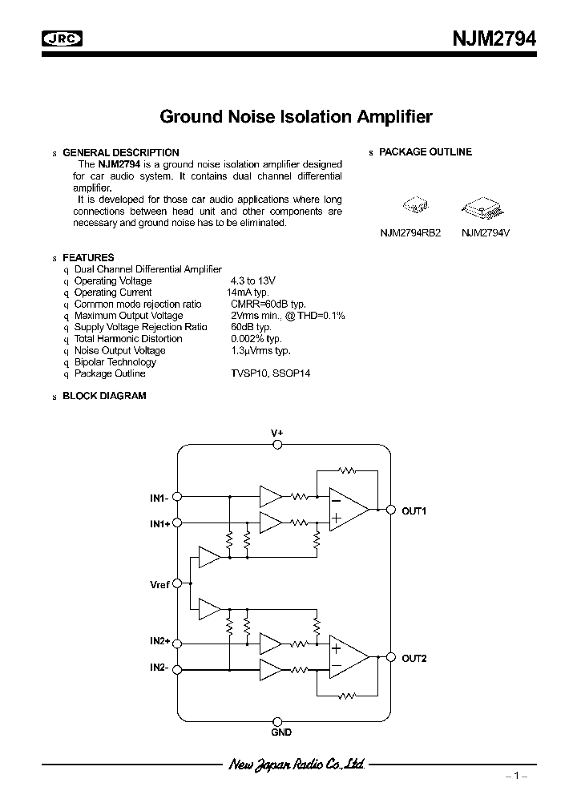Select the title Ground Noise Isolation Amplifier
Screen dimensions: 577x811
pyautogui.click(x=296, y=117)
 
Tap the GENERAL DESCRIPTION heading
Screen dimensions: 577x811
pyautogui.click(x=120, y=152)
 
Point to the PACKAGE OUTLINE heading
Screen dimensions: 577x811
pyautogui.click(x=425, y=152)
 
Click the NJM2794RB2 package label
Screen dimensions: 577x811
pyautogui.click(x=410, y=232)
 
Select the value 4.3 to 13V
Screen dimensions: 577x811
pyautogui.click(x=252, y=281)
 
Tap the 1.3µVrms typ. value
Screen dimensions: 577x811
pyautogui.click(x=260, y=350)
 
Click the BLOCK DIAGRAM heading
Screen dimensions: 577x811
pyautogui.click(x=104, y=396)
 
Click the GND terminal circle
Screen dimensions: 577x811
pyautogui.click(x=276, y=720)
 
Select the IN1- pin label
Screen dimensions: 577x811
pyautogui.click(x=159, y=498)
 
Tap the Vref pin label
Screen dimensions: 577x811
pyautogui.click(x=159, y=585)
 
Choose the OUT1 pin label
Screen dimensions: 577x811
pyautogui.click(x=414, y=511)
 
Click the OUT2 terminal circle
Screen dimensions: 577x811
pyautogui.click(x=391, y=658)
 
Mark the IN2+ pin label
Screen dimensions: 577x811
pyautogui.click(x=159, y=641)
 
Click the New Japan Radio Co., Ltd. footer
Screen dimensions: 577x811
pyautogui.click(x=297, y=765)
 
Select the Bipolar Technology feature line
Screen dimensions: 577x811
pyautogui.click(x=115, y=362)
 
